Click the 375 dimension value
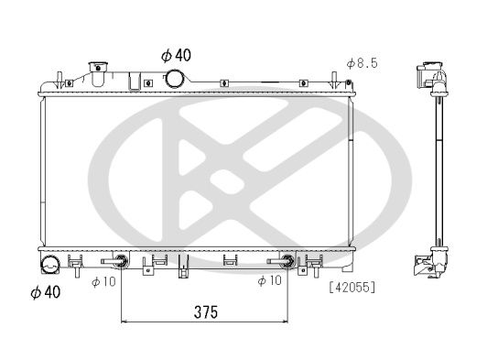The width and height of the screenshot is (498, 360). (206, 311)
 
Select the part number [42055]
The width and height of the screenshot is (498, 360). (352, 287)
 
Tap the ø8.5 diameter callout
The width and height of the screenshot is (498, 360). (363, 63)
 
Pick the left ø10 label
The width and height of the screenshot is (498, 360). (102, 280)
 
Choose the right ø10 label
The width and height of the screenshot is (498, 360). (268, 280)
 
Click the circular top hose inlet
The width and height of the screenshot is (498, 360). (173, 80)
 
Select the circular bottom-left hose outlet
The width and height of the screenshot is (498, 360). (49, 267)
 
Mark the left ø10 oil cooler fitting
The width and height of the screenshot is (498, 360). (120, 261)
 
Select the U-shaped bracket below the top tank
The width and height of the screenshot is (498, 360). (134, 83)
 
